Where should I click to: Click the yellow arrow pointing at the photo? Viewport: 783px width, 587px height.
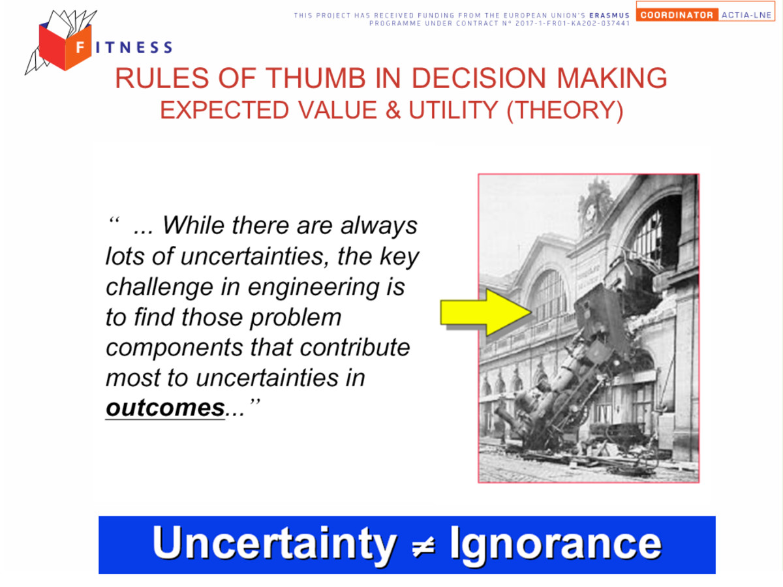[486, 312]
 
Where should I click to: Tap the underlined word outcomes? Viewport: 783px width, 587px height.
[165, 408]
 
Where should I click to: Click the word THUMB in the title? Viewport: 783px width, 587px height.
[315, 78]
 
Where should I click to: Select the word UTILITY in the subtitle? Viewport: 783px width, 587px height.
[453, 110]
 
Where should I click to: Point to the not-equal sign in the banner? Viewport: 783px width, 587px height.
[423, 545]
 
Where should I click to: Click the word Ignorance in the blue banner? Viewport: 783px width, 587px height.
[555, 545]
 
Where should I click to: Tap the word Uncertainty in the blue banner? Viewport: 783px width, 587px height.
[275, 545]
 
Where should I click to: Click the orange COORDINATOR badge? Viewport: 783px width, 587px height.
[677, 15]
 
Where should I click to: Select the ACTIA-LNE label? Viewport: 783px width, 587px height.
[746, 15]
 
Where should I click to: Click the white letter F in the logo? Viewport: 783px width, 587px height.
[80, 47]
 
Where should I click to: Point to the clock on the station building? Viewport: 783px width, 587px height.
[591, 213]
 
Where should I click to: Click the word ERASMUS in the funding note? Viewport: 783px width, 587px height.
[609, 15]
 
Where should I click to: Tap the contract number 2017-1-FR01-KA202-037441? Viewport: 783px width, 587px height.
[572, 23]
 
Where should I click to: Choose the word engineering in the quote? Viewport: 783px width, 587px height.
[313, 287]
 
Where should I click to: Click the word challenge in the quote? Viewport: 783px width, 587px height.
[159, 287]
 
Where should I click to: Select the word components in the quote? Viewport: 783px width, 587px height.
[174, 348]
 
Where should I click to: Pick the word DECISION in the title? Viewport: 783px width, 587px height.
[479, 78]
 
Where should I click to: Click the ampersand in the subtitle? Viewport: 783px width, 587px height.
[393, 110]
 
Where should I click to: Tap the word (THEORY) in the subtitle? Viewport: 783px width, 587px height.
[564, 110]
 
